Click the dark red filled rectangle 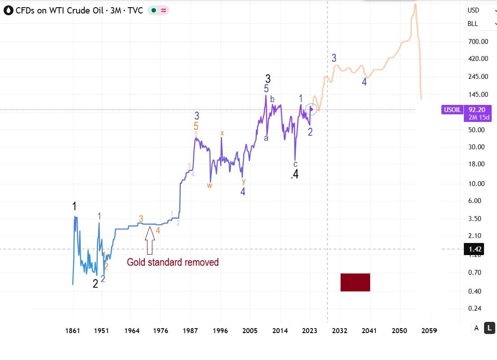pos(355,282)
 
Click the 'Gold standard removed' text pos(173,262)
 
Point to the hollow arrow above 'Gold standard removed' pos(150,241)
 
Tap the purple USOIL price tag pos(452,109)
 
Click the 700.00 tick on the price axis pos(478,42)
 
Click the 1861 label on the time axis pos(73,331)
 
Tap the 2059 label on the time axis pos(429,331)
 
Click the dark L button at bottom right pos(490,328)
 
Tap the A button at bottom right pos(477,328)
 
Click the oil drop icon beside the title pos(8,10)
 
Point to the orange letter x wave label pos(222,133)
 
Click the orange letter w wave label pos(209,185)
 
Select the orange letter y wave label pos(243,181)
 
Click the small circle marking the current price pos(311,109)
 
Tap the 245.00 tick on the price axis pos(478,77)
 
